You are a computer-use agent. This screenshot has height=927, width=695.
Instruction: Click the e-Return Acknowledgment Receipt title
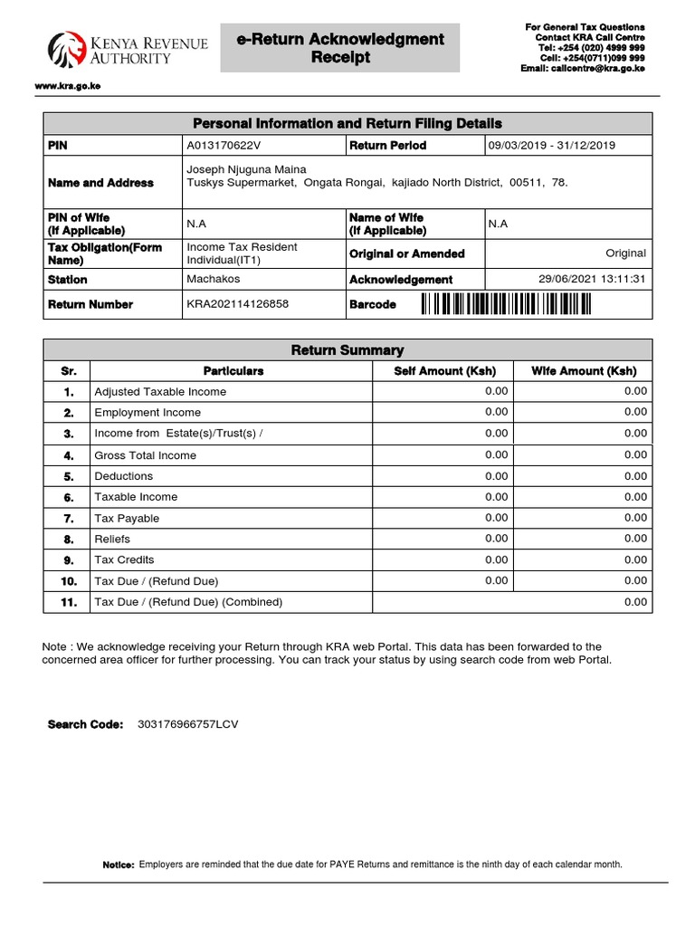coord(340,48)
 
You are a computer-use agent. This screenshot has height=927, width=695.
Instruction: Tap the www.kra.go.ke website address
coord(60,86)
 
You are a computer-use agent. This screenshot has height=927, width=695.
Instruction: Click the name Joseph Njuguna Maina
coord(246,169)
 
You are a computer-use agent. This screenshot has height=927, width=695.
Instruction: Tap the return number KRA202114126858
coord(237,304)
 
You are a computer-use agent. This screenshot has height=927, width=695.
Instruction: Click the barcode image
coord(506,305)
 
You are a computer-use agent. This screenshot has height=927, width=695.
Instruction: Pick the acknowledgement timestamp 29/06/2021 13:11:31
coord(592,279)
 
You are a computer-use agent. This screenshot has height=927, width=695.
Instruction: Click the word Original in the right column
coord(625,253)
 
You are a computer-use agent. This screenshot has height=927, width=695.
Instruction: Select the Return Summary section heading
coord(347,350)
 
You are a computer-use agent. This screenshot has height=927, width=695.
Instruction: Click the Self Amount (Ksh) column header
coord(444,371)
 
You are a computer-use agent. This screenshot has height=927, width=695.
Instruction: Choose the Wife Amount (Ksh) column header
coord(583,371)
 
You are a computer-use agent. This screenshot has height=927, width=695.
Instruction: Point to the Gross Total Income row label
coord(145,455)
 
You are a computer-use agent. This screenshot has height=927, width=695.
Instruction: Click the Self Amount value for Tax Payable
coord(496,518)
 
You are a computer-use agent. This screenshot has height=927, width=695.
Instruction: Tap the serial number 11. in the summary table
coord(69,602)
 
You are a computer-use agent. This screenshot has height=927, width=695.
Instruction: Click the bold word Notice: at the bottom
coord(119,865)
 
